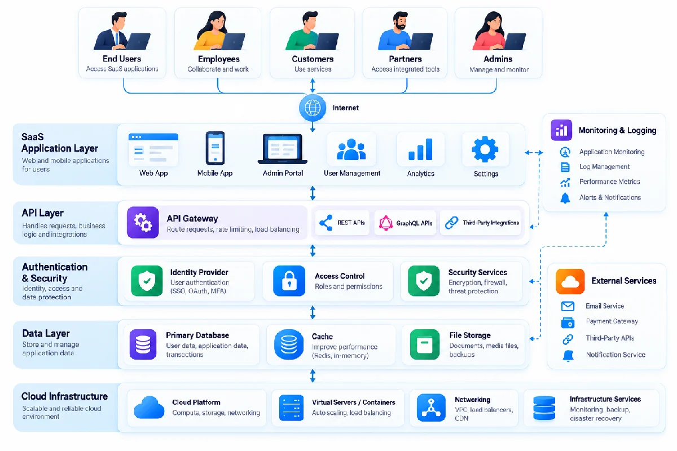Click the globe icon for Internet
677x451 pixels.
313,108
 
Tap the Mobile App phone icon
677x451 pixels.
215,148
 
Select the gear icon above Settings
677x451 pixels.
485,149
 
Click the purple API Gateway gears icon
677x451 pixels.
143,222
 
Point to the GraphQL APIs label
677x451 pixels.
414,223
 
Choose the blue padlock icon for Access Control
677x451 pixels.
289,281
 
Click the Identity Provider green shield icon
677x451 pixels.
147,281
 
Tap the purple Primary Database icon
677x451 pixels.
143,344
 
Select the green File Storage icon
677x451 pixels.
425,344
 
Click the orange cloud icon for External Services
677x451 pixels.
570,281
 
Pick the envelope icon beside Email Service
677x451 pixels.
568,306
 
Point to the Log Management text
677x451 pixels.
604,167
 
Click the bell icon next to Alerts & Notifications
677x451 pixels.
565,198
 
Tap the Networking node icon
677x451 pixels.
431,408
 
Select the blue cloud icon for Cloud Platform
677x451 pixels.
149,408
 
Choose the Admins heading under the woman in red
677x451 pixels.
498,59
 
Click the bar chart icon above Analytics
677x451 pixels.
420,149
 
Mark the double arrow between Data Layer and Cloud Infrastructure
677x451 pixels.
313,376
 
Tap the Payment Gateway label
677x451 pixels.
612,321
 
